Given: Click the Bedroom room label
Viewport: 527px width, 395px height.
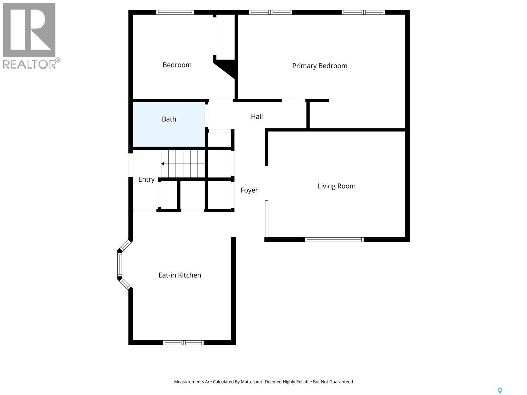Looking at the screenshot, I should pos(177,65).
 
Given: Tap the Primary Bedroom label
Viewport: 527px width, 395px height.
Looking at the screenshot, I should pos(319,66).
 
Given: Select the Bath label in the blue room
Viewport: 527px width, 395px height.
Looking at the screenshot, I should pos(169,119).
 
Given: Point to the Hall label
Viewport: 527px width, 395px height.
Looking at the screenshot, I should pos(257,116).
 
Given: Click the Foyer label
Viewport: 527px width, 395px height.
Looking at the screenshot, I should pos(249,190).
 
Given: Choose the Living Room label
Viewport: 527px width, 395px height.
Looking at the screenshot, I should pos(336,186).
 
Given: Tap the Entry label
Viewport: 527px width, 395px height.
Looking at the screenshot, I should pos(146,179).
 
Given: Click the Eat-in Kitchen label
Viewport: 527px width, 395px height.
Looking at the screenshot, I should pos(180,275).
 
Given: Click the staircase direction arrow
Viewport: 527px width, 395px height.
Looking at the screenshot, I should pos(163,164).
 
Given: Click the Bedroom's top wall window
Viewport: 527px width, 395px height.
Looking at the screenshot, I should pos(175,13).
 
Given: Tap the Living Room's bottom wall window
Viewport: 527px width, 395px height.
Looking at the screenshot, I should pos(334,240).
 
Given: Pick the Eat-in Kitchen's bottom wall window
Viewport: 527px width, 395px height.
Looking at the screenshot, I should pos(183,343).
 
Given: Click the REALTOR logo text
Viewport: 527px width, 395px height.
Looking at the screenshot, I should pos(30,64).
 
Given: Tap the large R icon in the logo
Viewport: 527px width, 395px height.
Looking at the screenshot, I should pos(29,30).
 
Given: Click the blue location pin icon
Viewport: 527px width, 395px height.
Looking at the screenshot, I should pos(500,391).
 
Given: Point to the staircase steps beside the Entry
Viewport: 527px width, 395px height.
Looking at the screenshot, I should pos(183,164).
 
